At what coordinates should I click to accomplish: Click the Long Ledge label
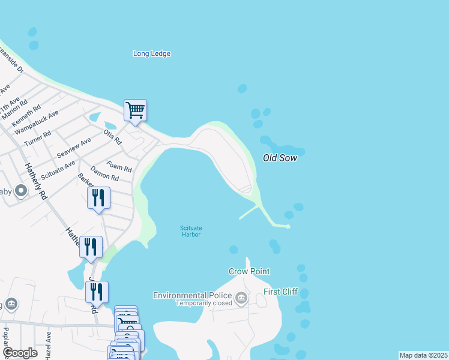[152, 53]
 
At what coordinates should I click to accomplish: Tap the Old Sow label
[280, 158]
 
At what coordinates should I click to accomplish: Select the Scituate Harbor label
[191, 231]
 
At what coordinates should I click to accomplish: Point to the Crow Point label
[249, 271]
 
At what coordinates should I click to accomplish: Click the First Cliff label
[280, 292]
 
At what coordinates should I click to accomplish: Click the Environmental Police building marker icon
[241, 298]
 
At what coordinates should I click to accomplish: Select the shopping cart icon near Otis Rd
[136, 110]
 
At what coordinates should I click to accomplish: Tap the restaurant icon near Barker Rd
[98, 197]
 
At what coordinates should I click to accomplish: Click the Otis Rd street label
[113, 137]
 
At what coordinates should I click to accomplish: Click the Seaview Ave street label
[74, 148]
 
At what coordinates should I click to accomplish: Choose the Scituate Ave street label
[58, 170]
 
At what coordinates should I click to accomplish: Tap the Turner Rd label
[38, 139]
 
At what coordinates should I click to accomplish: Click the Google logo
[19, 353]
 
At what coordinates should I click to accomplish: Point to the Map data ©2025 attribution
[423, 355]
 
